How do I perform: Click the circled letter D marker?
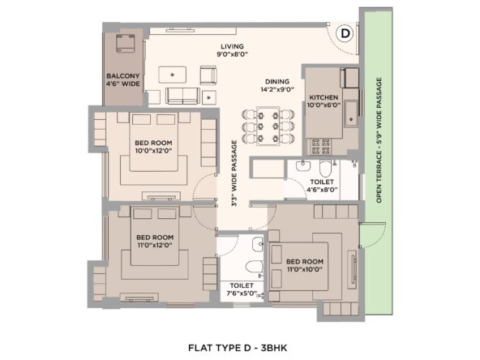345,33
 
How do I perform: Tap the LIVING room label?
233,46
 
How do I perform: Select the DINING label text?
277,82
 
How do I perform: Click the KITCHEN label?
324,97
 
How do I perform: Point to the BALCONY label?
122,76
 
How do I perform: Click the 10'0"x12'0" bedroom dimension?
153,151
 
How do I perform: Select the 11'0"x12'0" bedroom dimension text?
155,245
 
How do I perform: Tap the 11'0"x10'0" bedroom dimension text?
305,269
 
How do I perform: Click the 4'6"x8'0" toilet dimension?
322,190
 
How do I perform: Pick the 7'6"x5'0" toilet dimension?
242,294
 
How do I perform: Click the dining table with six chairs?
268,126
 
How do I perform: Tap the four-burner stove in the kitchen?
320,146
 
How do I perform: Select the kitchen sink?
351,114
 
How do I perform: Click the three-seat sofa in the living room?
182,96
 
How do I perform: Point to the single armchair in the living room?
208,75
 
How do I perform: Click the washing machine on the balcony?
125,43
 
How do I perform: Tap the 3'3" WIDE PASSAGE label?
234,174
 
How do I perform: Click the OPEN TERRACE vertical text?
379,140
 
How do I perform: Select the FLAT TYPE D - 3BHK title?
238,348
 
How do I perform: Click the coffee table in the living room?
172,75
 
